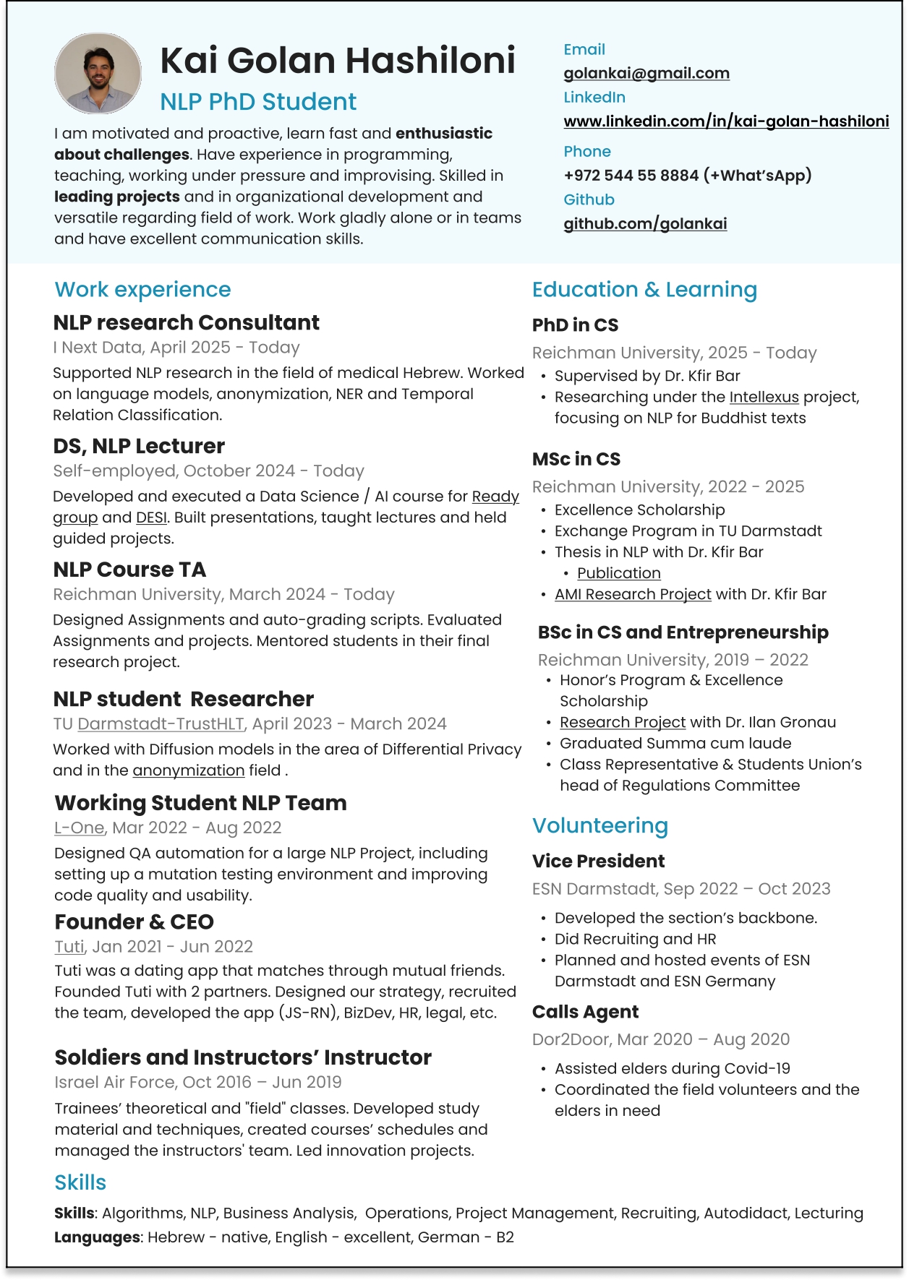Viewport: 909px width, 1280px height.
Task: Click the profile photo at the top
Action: [x=98, y=73]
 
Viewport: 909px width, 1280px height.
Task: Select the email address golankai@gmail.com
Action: [x=646, y=73]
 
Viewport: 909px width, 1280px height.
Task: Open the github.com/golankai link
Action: [x=645, y=224]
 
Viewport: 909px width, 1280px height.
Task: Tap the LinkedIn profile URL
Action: [x=726, y=121]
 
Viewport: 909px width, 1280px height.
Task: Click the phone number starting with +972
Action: [x=687, y=176]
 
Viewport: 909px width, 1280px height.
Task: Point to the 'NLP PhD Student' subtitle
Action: [x=258, y=102]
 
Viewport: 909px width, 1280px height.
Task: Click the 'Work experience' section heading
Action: [x=142, y=290]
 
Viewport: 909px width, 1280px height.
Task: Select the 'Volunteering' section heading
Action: [x=599, y=825]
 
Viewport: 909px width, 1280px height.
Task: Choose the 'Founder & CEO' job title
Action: [x=134, y=922]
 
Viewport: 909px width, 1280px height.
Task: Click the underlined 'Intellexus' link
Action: [x=764, y=397]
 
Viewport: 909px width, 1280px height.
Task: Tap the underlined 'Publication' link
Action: [x=618, y=573]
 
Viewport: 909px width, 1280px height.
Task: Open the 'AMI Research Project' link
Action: [x=633, y=594]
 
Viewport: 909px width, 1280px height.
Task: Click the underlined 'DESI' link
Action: [x=151, y=517]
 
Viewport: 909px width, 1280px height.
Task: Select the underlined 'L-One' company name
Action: [x=79, y=828]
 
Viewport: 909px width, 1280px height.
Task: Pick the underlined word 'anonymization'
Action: [x=188, y=770]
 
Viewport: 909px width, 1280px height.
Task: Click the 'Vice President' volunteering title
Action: [x=598, y=862]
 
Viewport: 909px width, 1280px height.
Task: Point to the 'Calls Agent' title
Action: [x=585, y=1012]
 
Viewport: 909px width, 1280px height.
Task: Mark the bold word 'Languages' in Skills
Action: [x=97, y=1237]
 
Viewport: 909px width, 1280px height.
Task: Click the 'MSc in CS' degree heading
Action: [x=576, y=460]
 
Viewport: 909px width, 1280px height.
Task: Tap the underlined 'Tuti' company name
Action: [x=69, y=947]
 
